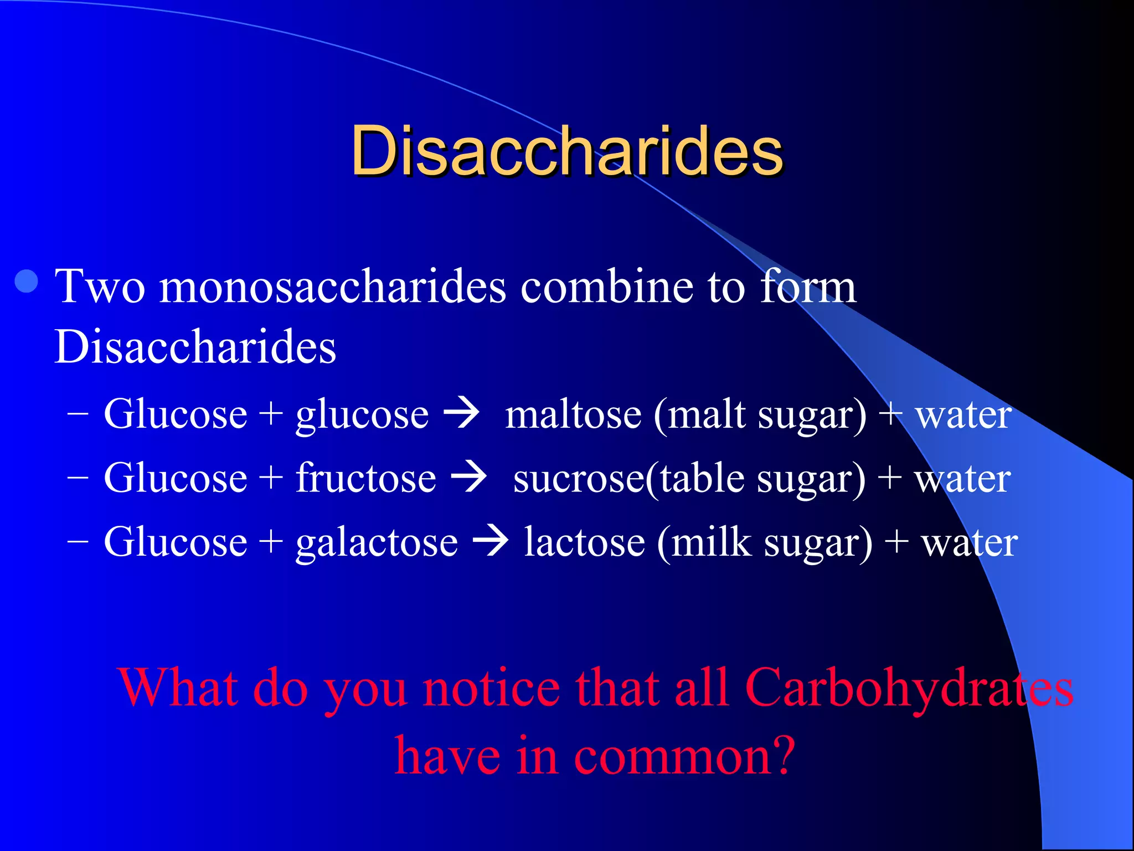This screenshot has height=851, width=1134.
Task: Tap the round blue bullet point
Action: click(27, 281)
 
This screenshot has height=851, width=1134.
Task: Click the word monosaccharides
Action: click(332, 287)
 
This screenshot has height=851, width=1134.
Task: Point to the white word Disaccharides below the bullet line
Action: click(195, 347)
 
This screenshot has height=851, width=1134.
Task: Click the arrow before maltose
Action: click(462, 414)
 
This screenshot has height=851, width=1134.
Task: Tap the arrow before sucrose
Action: click(469, 478)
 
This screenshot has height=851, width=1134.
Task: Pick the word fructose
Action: click(366, 478)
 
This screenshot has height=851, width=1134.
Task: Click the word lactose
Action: click(585, 542)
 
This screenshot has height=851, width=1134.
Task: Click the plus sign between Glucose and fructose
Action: click(271, 478)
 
